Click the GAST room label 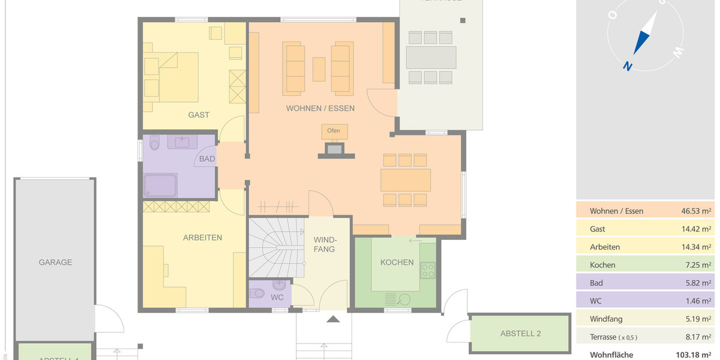point(199,115)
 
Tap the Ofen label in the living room point(334,131)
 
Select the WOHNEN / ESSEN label point(320,109)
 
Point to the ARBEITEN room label point(202,238)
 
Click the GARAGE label point(55,262)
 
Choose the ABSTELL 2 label point(521,334)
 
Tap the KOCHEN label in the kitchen point(397,262)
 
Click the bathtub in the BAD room point(160,185)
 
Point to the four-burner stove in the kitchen point(428,271)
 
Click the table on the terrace point(430,58)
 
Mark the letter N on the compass point(627,67)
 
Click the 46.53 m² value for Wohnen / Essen point(697,211)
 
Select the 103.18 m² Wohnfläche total point(694,355)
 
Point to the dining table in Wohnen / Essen point(406,179)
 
